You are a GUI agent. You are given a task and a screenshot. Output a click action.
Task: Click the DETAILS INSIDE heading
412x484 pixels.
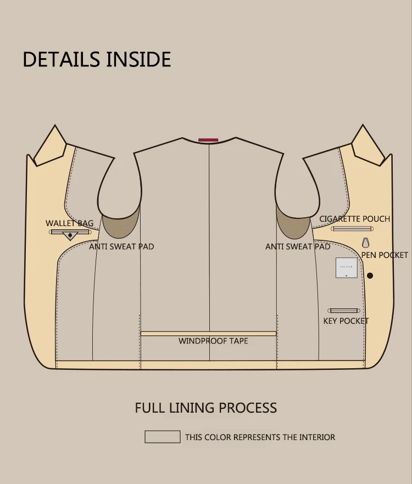(97, 59)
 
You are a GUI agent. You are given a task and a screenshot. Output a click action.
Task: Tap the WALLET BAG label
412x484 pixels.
(69, 223)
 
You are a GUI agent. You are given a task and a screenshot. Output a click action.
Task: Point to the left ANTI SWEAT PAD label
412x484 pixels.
(121, 246)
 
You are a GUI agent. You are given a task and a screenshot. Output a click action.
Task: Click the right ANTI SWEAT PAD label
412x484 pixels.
(298, 246)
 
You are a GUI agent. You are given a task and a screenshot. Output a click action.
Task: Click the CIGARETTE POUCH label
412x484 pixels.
(354, 219)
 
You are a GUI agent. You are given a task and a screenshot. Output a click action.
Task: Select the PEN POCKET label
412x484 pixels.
(385, 255)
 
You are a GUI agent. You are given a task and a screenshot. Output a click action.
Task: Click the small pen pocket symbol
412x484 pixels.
(365, 242)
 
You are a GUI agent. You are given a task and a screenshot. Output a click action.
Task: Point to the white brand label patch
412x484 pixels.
(346, 268)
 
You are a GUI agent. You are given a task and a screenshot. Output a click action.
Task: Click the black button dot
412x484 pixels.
(370, 275)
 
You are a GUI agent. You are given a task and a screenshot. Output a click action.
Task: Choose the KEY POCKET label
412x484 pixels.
(346, 320)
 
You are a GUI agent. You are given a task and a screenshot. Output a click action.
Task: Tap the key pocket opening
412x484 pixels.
(344, 311)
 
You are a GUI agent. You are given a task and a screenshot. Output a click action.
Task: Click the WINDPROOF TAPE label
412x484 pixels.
(213, 341)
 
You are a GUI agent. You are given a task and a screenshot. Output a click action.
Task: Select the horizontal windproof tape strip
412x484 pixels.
(208, 333)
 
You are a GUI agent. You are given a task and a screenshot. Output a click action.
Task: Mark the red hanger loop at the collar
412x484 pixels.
(208, 140)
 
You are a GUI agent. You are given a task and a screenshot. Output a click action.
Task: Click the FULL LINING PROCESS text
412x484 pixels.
(206, 408)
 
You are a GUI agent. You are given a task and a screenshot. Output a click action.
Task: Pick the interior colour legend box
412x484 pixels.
(162, 437)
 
